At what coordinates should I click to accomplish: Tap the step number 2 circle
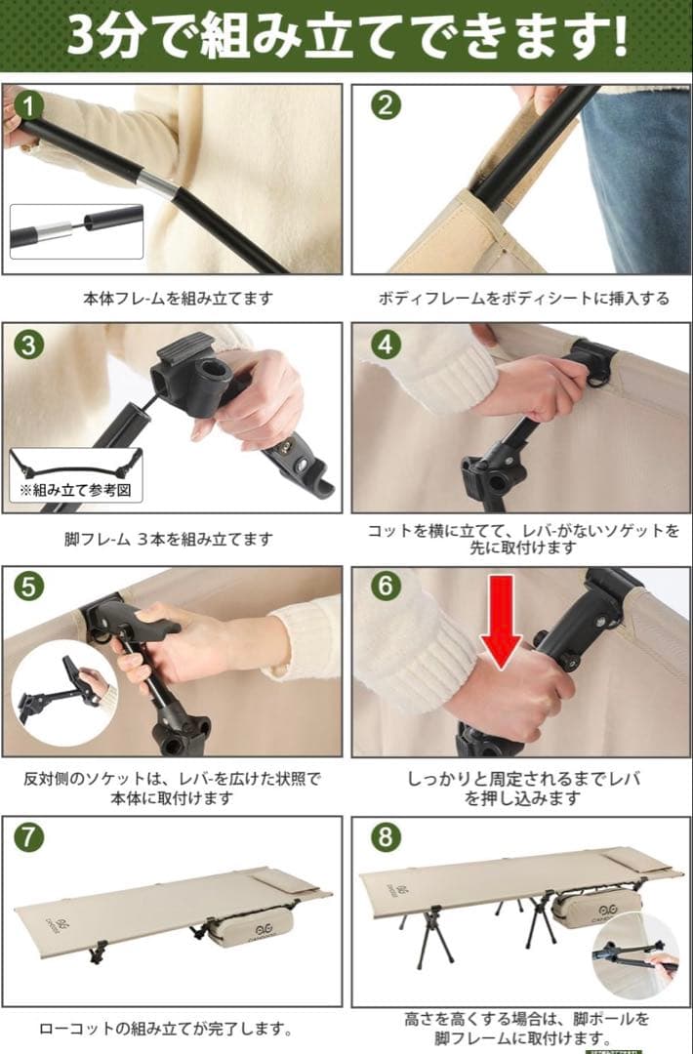tap(386, 104)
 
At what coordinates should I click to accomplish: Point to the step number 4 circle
tap(386, 345)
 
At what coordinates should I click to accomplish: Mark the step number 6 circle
tap(386, 586)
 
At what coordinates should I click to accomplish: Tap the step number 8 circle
tap(386, 837)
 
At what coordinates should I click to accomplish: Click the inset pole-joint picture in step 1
tap(76, 231)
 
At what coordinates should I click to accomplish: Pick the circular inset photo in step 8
tap(637, 955)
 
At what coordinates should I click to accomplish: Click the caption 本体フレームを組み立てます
tap(177, 299)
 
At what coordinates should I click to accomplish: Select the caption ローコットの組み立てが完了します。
tap(166, 1028)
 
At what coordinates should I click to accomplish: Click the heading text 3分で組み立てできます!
tap(346, 35)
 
